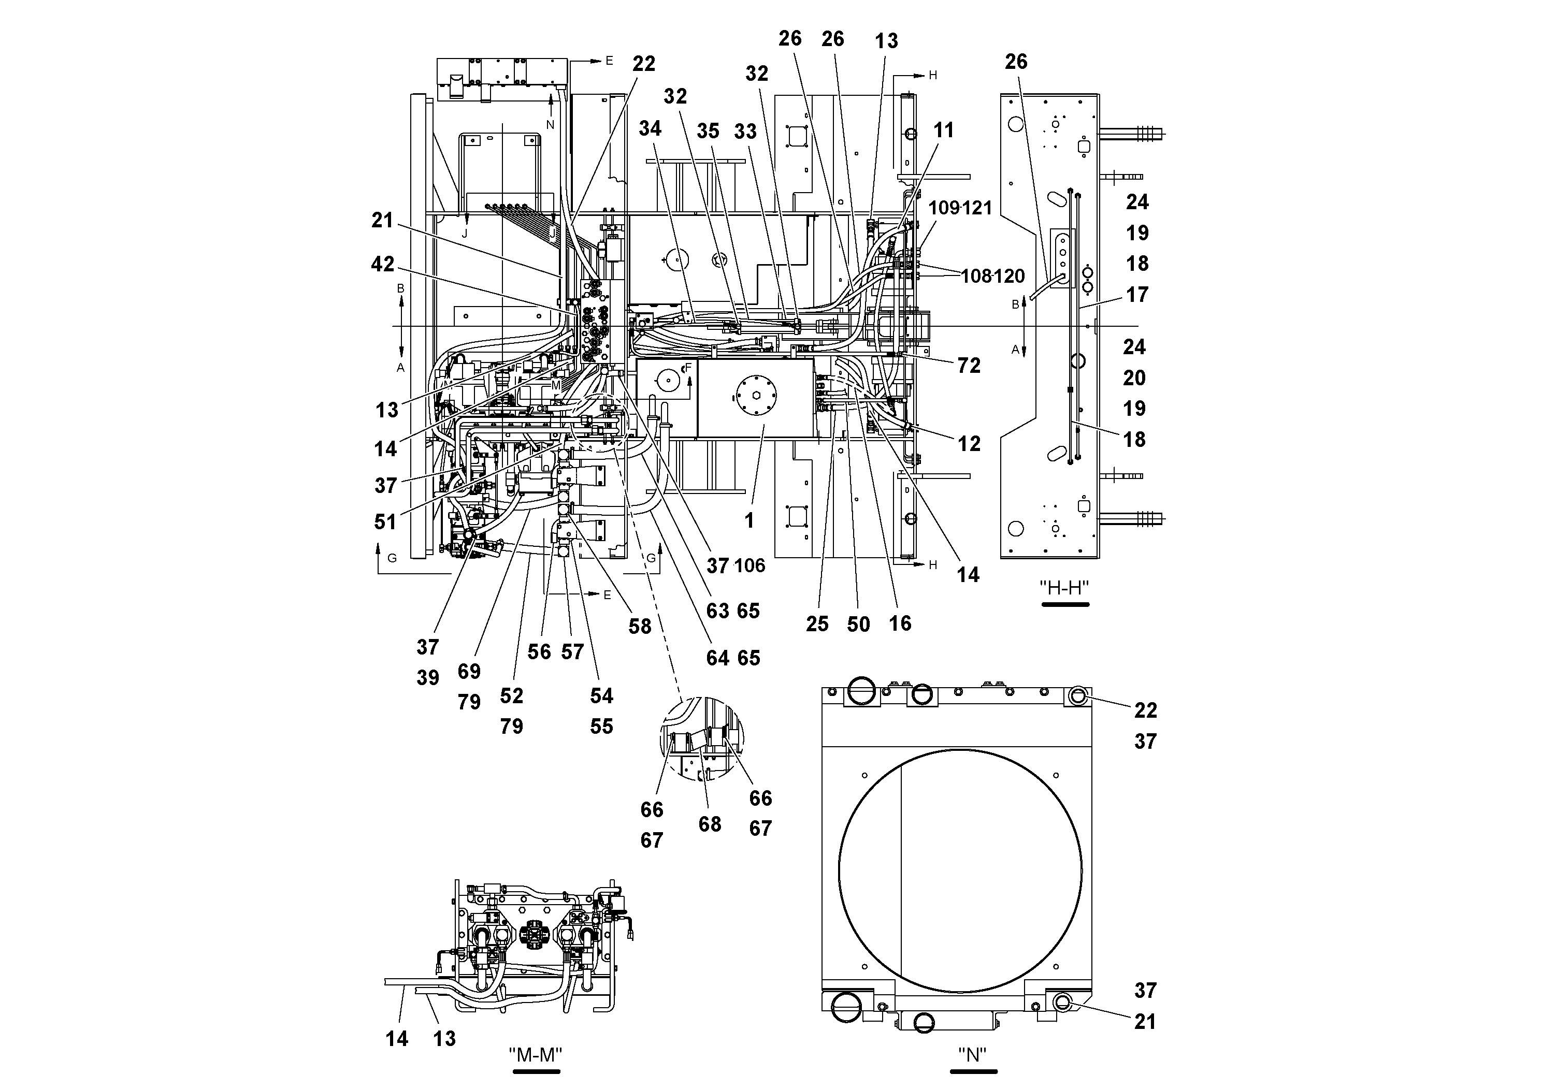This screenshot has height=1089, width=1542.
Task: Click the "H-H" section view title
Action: [1064, 588]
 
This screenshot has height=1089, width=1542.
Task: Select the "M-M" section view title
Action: [535, 1055]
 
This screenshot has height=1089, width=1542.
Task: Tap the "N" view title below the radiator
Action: [972, 1055]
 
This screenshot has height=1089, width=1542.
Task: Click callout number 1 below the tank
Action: [750, 520]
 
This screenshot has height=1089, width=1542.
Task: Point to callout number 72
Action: [969, 366]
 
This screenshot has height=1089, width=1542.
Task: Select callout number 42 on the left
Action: [383, 265]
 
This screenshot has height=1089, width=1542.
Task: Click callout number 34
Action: [650, 128]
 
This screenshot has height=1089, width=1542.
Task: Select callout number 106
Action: [750, 566]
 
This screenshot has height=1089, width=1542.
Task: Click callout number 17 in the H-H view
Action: [1136, 295]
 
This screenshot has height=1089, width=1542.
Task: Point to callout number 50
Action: [858, 625]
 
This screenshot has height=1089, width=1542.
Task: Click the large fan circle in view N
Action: [960, 871]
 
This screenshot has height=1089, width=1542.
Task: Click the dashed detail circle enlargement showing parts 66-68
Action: [702, 738]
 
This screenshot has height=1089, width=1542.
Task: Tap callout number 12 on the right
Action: [969, 444]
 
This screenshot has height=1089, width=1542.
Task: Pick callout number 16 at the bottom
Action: [900, 623]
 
